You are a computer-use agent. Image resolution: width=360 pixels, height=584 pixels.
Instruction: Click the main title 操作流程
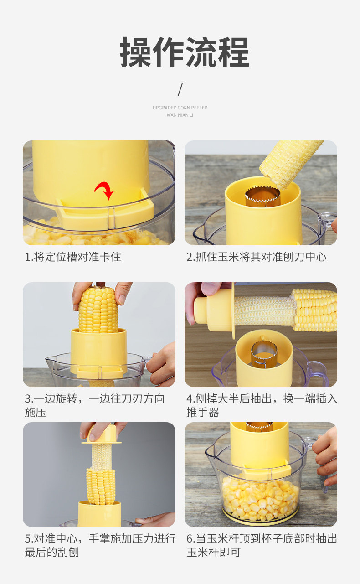(185, 52)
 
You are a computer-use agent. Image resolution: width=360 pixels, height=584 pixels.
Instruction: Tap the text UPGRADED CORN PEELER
(180, 108)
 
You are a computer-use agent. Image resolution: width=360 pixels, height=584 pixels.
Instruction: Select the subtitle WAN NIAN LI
(180, 115)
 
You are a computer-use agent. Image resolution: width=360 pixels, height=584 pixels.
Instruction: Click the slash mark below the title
(180, 89)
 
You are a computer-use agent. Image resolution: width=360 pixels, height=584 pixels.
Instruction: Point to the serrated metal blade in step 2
(262, 196)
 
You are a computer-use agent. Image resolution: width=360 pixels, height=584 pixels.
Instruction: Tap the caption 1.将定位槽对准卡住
(73, 257)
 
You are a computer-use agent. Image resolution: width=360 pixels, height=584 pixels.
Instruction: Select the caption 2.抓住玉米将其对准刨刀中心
(256, 257)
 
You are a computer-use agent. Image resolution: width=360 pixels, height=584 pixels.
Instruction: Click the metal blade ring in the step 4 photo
(263, 355)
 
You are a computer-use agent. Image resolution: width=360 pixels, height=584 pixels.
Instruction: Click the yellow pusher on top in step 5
(102, 434)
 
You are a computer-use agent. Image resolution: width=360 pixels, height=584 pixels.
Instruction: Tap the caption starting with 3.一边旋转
(95, 405)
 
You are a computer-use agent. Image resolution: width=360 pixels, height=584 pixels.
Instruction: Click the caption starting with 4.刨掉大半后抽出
(262, 405)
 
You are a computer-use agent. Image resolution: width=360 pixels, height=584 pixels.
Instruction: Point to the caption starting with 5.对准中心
(100, 545)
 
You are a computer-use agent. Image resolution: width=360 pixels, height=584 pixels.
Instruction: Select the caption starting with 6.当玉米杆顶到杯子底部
(262, 545)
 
